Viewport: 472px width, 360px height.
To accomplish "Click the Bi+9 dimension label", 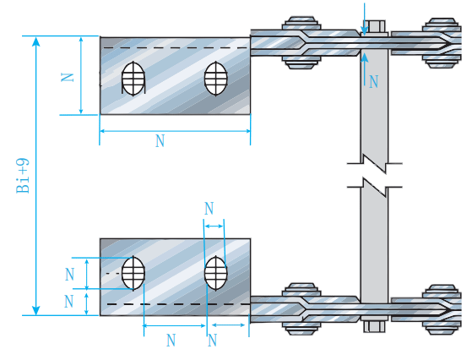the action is [x=23, y=176].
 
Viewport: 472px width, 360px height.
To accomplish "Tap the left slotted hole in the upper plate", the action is [x=133, y=79].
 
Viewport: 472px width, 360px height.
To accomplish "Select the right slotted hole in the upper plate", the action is [x=216, y=79].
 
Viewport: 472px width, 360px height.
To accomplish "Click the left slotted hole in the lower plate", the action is [x=133, y=273].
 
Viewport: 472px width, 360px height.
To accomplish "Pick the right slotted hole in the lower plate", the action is [x=216, y=273].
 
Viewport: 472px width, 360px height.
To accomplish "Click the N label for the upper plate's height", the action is [x=68, y=78].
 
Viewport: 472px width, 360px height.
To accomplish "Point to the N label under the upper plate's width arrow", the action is [x=160, y=140].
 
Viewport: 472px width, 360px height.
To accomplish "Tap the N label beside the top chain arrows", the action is [x=373, y=82].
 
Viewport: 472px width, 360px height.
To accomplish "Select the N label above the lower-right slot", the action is [x=209, y=208].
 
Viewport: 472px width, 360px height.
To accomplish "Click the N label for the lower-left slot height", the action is [x=69, y=275].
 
